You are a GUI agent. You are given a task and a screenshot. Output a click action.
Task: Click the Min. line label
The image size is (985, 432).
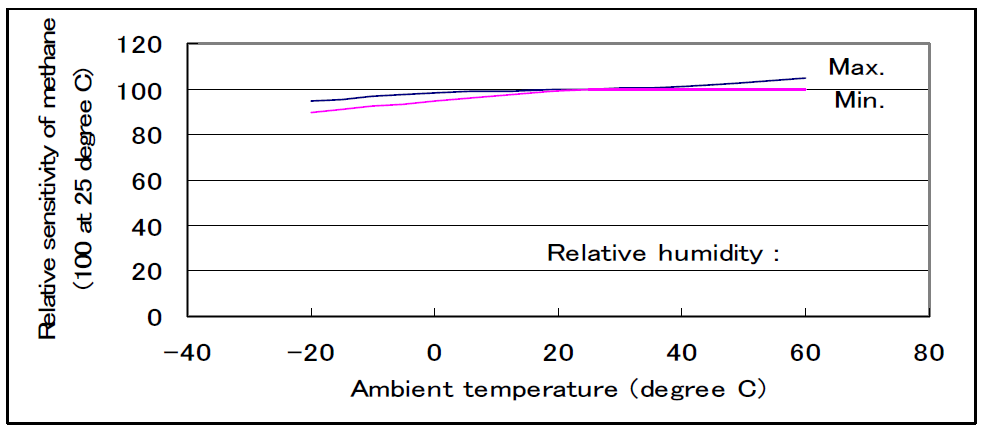point(859,101)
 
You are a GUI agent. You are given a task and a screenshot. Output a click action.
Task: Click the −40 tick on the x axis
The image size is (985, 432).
point(185,353)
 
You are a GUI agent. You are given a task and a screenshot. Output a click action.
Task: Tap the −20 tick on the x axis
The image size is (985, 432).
point(309,353)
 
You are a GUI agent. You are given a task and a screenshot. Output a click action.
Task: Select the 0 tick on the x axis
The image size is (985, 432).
point(434,353)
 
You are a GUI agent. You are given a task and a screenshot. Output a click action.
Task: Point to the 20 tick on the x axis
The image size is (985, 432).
point(558,353)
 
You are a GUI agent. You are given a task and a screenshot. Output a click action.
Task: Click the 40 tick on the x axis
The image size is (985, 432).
point(682,353)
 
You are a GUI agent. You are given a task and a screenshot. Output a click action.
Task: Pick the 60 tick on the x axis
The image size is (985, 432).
point(806,353)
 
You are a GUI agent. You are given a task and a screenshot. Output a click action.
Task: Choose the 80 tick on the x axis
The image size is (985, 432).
point(930,353)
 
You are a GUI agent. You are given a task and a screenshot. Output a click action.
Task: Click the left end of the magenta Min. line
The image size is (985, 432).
point(312,112)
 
